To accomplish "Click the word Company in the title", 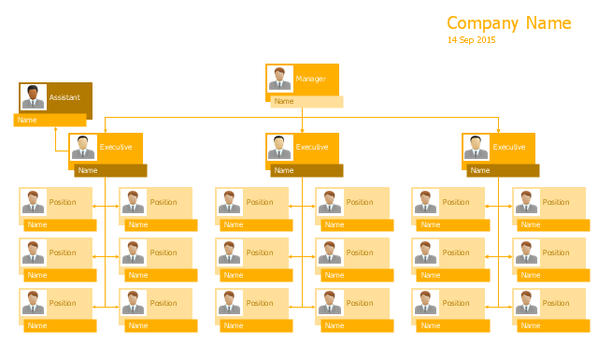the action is [x=482, y=23].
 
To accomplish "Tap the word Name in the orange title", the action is [x=548, y=22].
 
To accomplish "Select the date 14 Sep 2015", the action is [x=471, y=40].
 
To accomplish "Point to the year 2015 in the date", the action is [x=486, y=40].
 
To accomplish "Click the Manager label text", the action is [x=311, y=79].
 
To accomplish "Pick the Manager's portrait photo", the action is [x=280, y=79].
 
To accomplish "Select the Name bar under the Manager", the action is [x=306, y=102].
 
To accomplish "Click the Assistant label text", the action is [x=64, y=97].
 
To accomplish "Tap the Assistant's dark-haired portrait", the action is [x=34, y=97].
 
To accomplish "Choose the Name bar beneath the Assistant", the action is [x=50, y=120].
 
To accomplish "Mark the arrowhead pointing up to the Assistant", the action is [x=56, y=129].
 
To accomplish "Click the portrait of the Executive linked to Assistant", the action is [x=83, y=148].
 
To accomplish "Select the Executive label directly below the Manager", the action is [x=312, y=147].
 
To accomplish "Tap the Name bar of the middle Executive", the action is [x=306, y=170].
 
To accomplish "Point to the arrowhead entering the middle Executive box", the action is [x=302, y=131].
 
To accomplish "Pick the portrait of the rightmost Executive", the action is [x=476, y=148].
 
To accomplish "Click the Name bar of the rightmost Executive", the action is [x=503, y=170].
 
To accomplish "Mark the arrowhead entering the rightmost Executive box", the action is [x=498, y=131].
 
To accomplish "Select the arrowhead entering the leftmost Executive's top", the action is [x=106, y=131].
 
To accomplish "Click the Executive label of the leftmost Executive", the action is [x=116, y=147].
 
